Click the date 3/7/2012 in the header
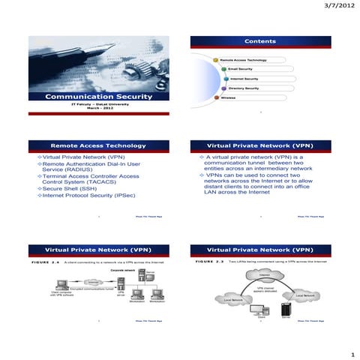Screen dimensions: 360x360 pos(337,6)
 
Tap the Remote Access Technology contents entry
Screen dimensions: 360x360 pos(244,59)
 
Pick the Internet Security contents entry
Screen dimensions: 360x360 pos(244,79)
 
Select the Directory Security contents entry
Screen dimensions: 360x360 pos(244,88)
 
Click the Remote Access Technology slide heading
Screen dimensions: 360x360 pos(97,144)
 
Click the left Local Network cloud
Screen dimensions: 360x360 pos(233,300)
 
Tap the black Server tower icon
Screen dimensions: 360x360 pos(285,310)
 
